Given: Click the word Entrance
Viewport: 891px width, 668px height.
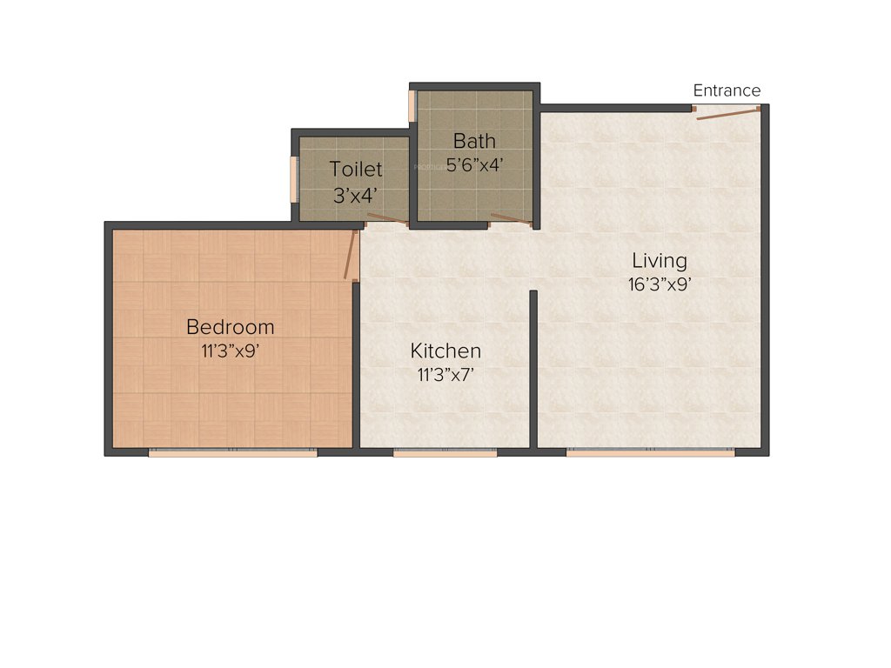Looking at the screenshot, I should coord(727,90).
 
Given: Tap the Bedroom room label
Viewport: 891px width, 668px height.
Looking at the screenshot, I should coord(231,327).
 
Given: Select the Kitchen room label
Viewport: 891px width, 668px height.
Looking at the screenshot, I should coord(445,351).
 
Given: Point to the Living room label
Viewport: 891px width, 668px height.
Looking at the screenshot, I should coord(659,260).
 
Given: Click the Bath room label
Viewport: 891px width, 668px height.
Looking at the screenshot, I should coord(474,140).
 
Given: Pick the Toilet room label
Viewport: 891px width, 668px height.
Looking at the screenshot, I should coord(355,169).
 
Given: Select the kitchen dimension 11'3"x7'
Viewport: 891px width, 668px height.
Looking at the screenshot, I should coord(445,375).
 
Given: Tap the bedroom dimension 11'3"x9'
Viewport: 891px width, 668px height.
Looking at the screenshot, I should coord(231,351).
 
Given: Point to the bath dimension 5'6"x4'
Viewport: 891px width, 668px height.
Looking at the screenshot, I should coord(474,164).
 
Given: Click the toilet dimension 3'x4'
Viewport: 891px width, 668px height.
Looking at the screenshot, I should coord(355,194).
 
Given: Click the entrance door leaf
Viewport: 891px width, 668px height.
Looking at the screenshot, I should coord(727,112).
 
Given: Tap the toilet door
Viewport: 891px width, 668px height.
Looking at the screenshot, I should coord(387,218).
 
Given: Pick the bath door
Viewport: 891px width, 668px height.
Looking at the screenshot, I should coord(511,218).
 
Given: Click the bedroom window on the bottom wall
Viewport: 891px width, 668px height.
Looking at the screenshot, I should coord(232,452).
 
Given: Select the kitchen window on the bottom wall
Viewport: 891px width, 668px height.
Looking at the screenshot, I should coord(445,452).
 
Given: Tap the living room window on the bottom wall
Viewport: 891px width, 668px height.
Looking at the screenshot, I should coord(650,452).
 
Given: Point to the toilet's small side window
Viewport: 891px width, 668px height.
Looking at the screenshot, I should coord(294,178).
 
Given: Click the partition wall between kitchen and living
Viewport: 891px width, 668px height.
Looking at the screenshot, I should coord(533,365).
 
